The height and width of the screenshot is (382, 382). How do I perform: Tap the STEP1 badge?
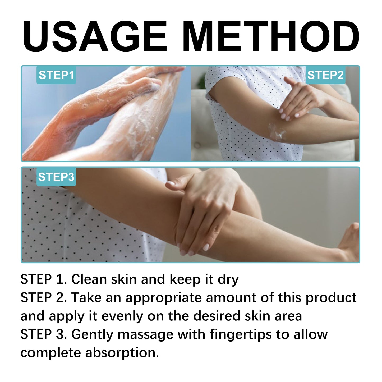[x=56, y=75]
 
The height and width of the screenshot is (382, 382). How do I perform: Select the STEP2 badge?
[x=325, y=75]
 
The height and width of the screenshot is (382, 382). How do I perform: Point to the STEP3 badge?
[x=56, y=177]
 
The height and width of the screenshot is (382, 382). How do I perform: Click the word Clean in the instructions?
[x=89, y=279]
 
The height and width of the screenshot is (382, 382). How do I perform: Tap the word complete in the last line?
[x=50, y=353]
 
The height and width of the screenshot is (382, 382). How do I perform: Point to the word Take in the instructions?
[x=86, y=298]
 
